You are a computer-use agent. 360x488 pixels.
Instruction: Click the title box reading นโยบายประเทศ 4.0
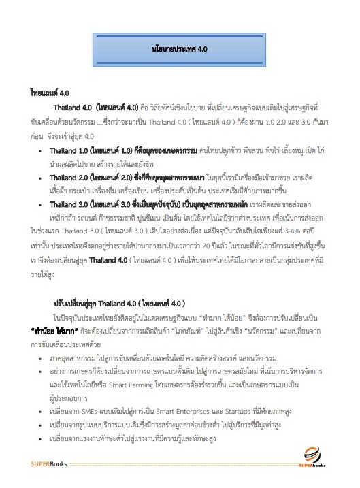click(180, 49)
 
